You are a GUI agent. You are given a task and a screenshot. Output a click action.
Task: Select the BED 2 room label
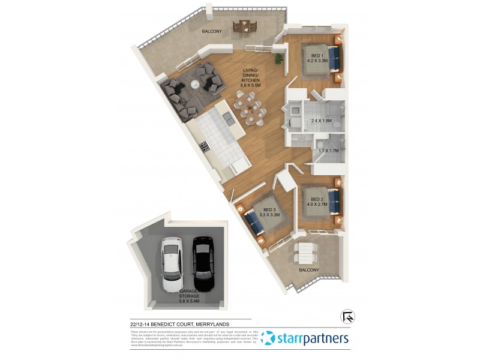(x=316, y=202)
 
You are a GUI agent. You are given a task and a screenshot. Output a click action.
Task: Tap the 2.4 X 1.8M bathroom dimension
(x=322, y=121)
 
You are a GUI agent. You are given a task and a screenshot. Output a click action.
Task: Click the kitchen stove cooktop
(x=204, y=145)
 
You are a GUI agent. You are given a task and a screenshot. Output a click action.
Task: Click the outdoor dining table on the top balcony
(x=245, y=25)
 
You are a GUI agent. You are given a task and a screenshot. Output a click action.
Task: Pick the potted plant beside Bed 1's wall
(x=279, y=59)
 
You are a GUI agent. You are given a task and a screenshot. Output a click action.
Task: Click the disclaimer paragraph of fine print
(x=193, y=338)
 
